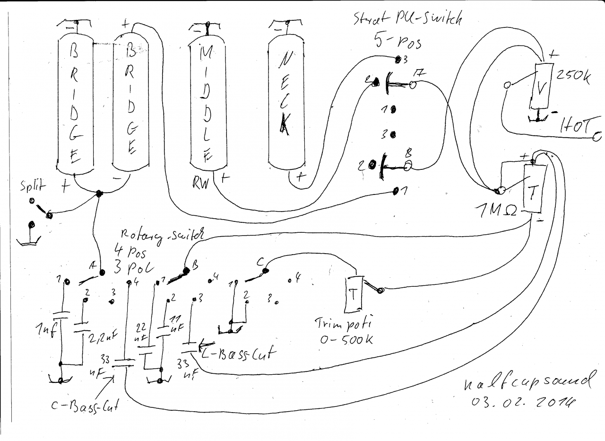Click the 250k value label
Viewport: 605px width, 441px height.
[573, 76]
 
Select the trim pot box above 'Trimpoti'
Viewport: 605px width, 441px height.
[353, 294]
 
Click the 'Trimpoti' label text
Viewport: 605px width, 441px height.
[343, 324]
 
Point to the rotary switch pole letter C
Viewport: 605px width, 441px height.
[260, 261]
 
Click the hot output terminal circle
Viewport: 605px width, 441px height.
[597, 137]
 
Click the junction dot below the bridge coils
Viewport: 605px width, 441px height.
[99, 194]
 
